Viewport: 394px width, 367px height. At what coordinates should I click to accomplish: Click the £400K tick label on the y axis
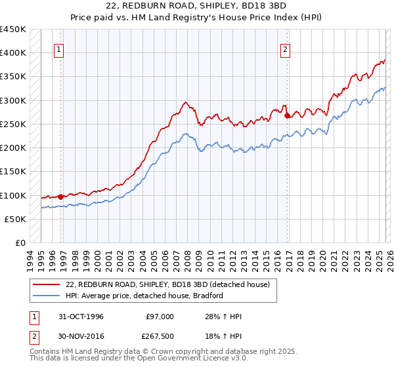pos(13,52)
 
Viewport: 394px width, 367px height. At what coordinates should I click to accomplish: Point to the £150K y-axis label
pos(13,171)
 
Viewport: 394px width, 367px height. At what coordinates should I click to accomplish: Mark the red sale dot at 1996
pos(61,197)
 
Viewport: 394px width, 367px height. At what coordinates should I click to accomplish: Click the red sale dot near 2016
pos(288,116)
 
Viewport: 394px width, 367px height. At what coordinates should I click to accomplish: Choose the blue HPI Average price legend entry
pos(144,296)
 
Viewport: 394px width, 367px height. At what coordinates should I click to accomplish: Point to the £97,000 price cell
pos(161,317)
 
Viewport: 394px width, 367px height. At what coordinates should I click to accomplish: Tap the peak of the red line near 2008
pos(186,102)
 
